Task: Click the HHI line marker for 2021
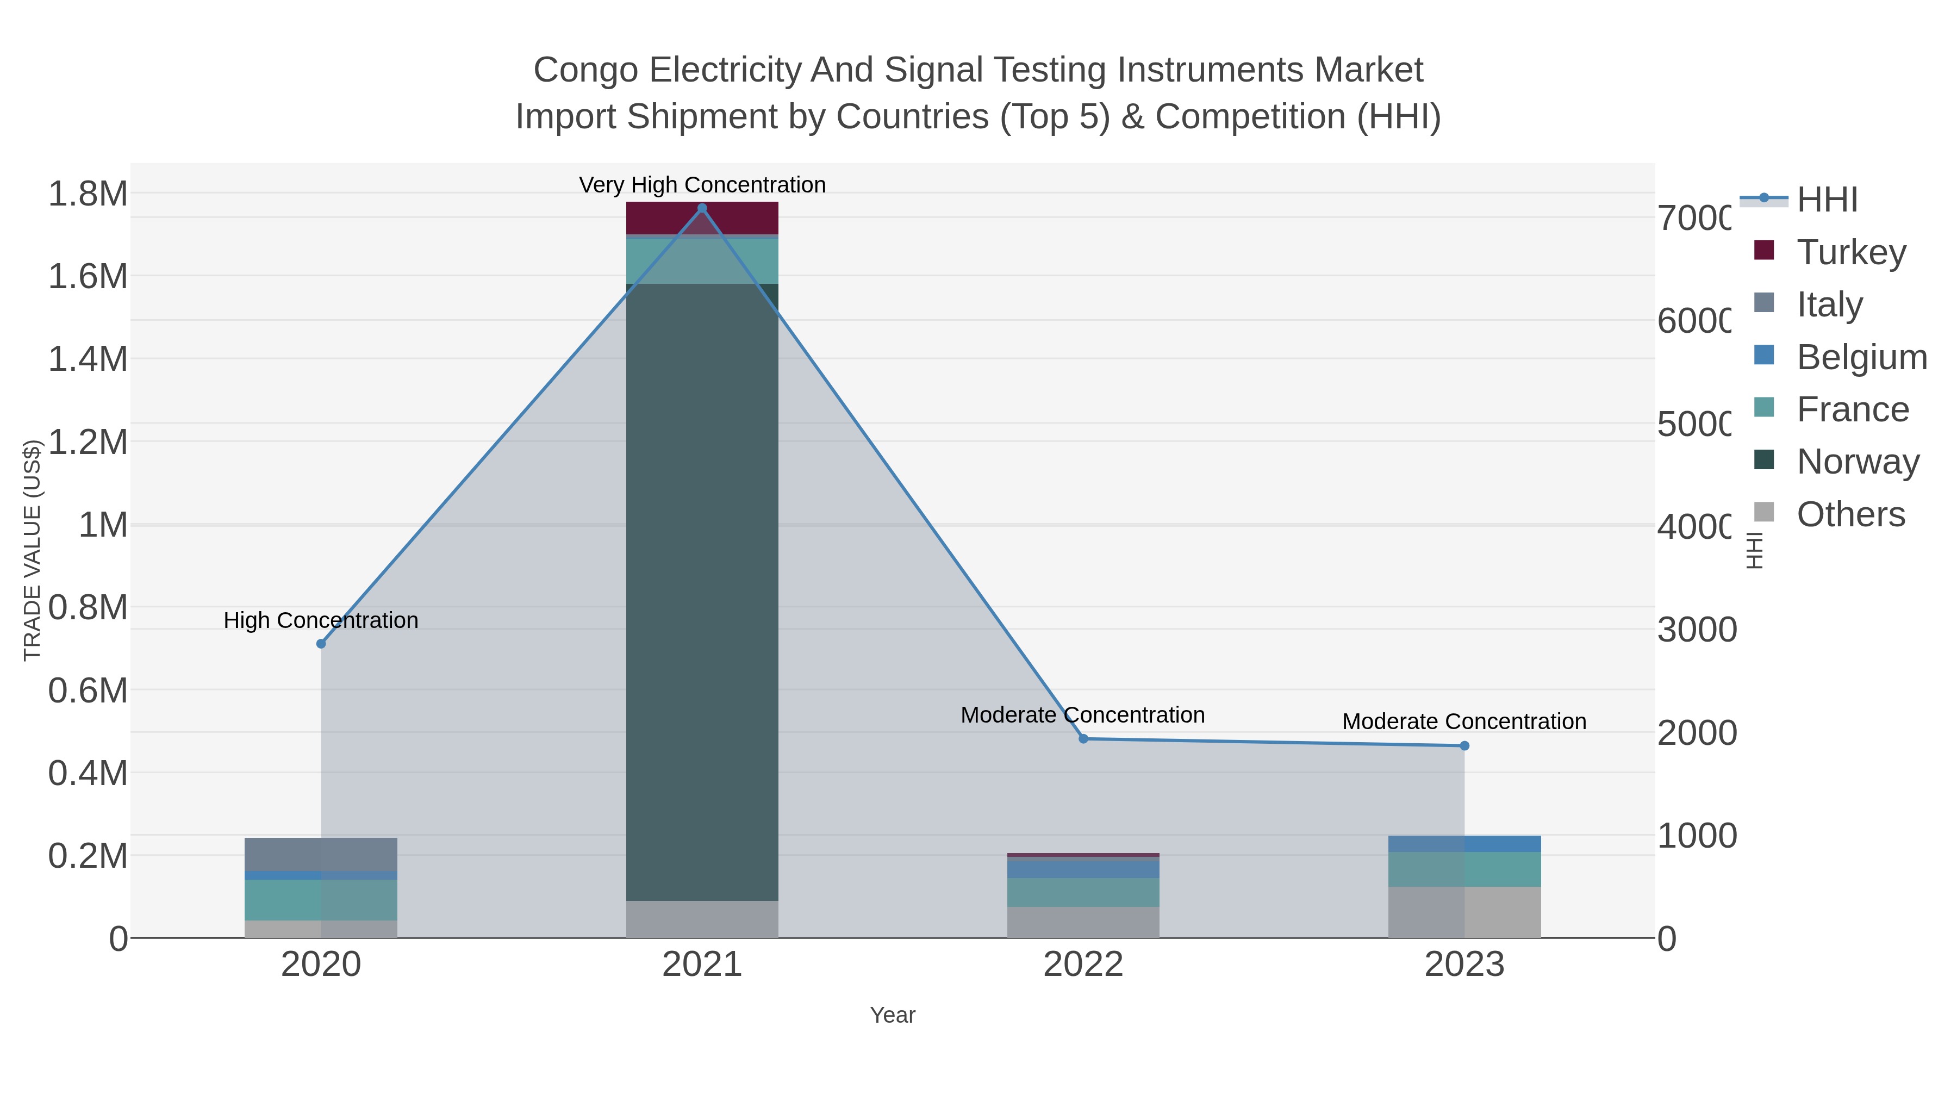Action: pyautogui.click(x=701, y=208)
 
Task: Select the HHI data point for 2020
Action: pyautogui.click(x=321, y=644)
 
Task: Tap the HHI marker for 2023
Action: pyautogui.click(x=1464, y=745)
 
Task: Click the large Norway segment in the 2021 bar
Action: pyautogui.click(x=701, y=593)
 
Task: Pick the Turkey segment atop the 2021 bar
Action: pyautogui.click(x=701, y=218)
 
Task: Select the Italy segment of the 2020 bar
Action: pyautogui.click(x=321, y=854)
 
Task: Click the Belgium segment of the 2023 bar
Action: pyautogui.click(x=1464, y=843)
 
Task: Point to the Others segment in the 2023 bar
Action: pyautogui.click(x=1464, y=912)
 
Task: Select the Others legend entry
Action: pyautogui.click(x=1850, y=514)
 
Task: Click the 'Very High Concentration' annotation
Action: pyautogui.click(x=701, y=185)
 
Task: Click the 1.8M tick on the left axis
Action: pyautogui.click(x=88, y=194)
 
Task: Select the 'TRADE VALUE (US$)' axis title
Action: pyautogui.click(x=32, y=550)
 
